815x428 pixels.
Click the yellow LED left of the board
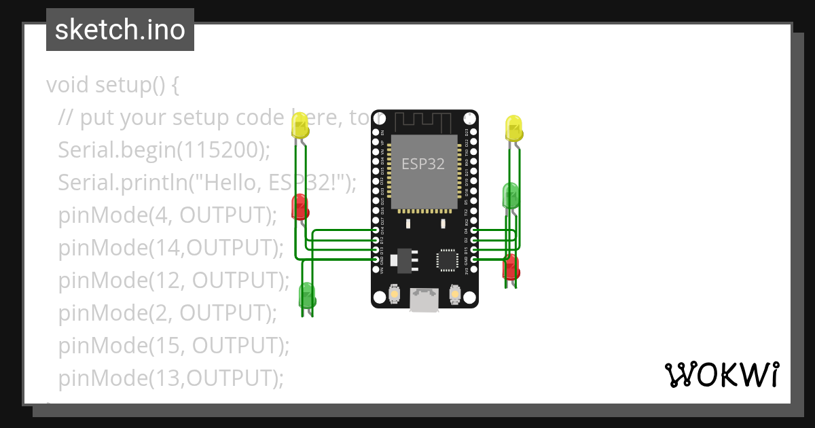[300, 126]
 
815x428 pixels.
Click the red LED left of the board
[299, 206]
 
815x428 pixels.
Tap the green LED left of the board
[307, 295]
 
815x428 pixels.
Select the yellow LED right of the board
[513, 128]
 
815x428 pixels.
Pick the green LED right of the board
[511, 195]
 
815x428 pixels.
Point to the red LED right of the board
[511, 267]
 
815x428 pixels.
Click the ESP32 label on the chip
[424, 164]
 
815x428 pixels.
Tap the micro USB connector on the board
[424, 300]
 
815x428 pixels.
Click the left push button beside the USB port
[395, 295]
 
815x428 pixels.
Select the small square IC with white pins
[447, 260]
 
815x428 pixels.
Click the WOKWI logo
[721, 374]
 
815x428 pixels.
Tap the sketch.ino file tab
[120, 30]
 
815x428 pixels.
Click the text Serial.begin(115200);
[164, 150]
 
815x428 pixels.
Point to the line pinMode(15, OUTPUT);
[173, 346]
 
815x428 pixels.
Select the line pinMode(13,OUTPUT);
[170, 378]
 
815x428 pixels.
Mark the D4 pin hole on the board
[473, 231]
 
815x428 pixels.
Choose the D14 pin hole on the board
[376, 231]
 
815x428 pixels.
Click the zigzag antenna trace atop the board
[424, 120]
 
